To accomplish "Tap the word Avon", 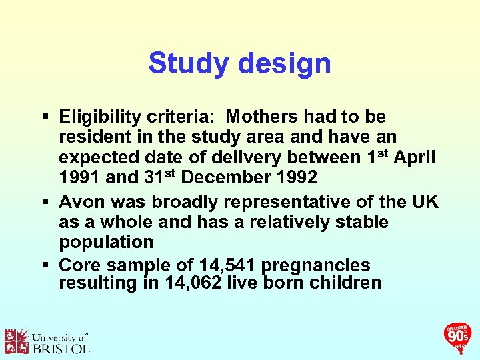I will pyautogui.click(x=81, y=201).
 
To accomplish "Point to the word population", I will pyautogui.click(x=106, y=242).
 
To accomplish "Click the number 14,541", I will pyautogui.click(x=223, y=264).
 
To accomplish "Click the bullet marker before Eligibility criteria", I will pyautogui.click(x=44, y=118).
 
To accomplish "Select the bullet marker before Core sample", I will pyautogui.click(x=44, y=265).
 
